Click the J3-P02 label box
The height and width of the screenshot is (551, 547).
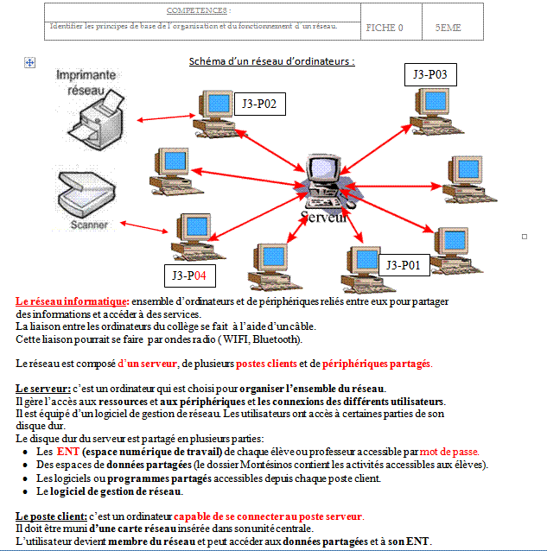point(259,104)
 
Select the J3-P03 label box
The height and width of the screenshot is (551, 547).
point(429,75)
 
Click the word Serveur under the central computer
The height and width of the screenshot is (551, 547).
point(324,217)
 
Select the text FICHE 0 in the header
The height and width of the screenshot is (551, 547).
point(385,28)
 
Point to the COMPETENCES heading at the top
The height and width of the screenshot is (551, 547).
point(204,11)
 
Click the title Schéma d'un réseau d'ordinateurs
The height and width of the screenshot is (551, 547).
point(272,62)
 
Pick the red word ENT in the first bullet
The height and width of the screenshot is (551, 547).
point(68,452)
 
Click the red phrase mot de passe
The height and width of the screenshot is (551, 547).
point(448,452)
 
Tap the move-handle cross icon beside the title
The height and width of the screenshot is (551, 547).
point(30,62)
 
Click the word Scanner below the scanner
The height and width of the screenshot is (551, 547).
point(89,224)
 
